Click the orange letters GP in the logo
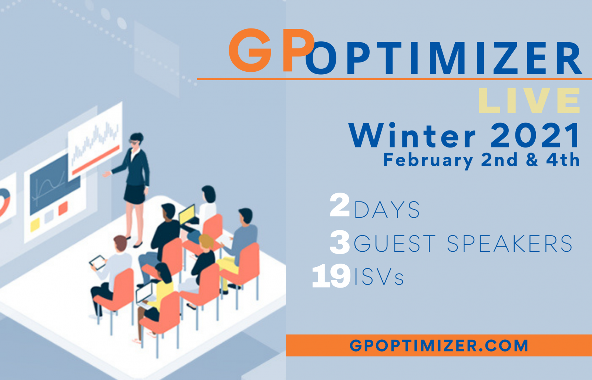(272, 50)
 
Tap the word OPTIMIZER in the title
(443, 58)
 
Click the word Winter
(412, 135)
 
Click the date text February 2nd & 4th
(481, 160)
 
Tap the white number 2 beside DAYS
(340, 205)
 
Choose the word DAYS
(387, 210)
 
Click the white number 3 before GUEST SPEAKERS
(340, 242)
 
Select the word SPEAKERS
(510, 244)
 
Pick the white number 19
(332, 276)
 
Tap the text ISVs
(379, 277)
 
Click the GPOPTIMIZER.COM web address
(439, 345)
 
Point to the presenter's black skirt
(135, 194)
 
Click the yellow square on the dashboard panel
(35, 225)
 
